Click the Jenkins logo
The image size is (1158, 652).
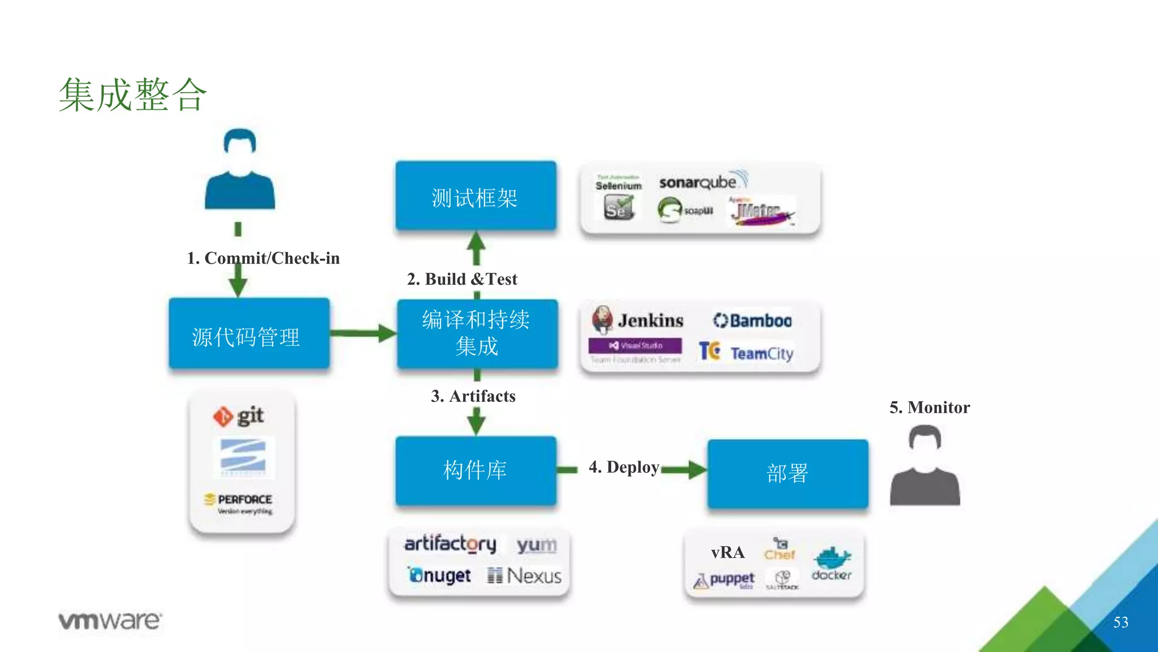click(638, 320)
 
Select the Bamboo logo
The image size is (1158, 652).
click(752, 320)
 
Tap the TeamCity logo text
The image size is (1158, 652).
click(762, 354)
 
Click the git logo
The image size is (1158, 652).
click(239, 417)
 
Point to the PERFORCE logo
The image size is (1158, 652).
click(239, 501)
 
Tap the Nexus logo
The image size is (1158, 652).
click(524, 576)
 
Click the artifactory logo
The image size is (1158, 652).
click(450, 544)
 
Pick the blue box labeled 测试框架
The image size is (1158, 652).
click(476, 197)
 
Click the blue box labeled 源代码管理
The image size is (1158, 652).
click(249, 334)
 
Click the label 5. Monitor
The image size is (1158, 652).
click(929, 407)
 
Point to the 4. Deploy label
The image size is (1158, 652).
click(624, 467)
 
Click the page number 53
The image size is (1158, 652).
click(1120, 623)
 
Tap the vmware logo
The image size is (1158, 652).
click(110, 621)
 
